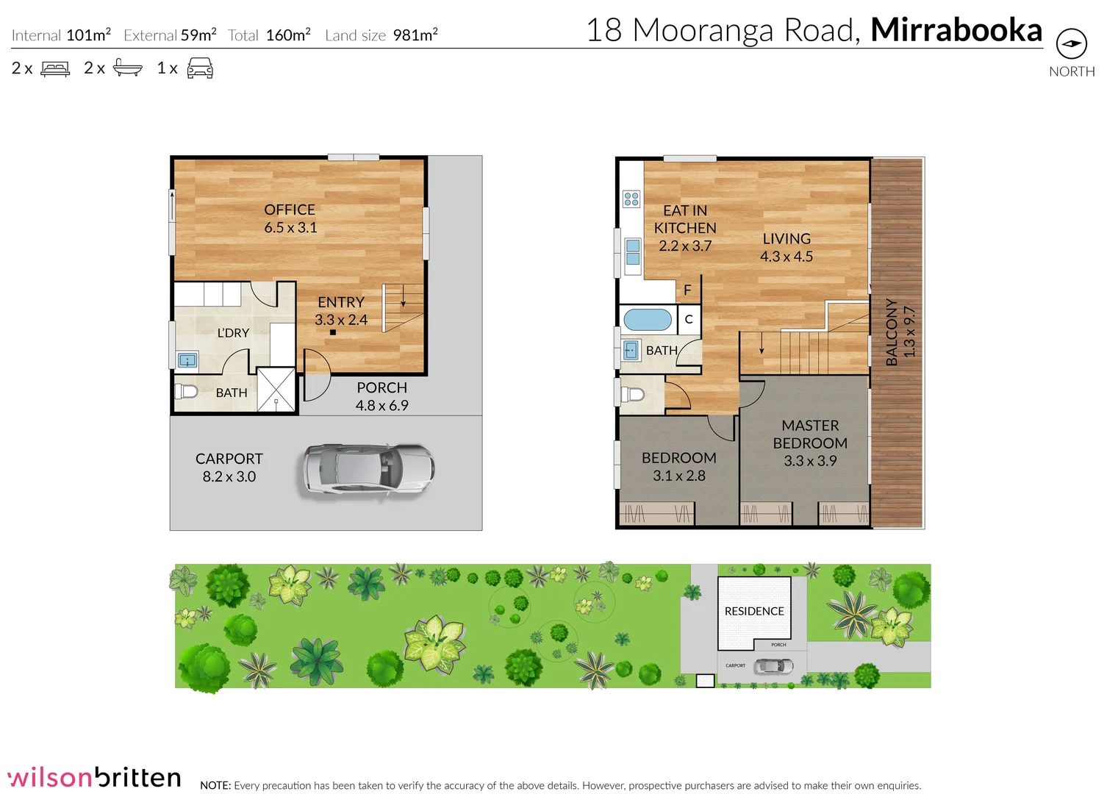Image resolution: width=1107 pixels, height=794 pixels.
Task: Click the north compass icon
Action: [1071, 44]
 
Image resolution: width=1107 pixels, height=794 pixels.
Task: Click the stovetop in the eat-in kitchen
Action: [631, 198]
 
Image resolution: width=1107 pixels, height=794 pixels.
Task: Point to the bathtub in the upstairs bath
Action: [647, 320]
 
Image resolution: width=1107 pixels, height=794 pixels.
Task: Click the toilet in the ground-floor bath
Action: [187, 391]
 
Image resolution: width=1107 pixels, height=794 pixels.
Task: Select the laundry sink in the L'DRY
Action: [188, 360]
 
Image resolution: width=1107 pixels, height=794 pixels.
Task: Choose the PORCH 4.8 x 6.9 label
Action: [381, 396]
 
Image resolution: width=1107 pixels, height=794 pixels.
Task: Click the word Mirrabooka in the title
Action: [956, 30]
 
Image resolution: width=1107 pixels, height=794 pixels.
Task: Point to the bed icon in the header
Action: [55, 69]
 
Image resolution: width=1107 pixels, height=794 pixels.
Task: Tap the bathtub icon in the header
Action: [128, 69]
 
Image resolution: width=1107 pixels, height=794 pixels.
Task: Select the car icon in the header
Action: [200, 69]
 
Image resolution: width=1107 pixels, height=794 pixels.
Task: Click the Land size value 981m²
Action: [415, 35]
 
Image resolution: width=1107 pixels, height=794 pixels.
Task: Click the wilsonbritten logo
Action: [94, 777]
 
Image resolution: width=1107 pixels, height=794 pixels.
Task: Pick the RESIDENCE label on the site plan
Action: [753, 611]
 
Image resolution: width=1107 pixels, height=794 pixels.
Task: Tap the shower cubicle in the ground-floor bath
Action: [276, 390]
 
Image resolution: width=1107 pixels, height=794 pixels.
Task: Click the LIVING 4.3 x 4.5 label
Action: [786, 248]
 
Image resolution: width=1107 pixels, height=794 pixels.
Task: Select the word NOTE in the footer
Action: [215, 785]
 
